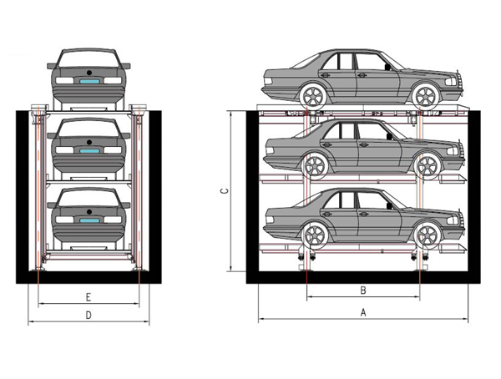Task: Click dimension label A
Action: point(363,312)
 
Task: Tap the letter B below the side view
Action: point(363,291)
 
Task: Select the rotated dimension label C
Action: point(225,191)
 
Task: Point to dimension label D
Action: point(89,316)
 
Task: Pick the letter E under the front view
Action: point(89,297)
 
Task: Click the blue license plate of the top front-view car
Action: point(90,82)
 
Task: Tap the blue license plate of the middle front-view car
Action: point(90,151)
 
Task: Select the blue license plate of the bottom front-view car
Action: point(90,220)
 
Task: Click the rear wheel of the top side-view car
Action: point(313,96)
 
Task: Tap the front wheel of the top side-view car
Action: point(426,95)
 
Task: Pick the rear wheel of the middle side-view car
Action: point(315,166)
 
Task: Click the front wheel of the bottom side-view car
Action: point(428,235)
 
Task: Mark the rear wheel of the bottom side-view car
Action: point(315,235)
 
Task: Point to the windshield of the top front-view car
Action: point(89,58)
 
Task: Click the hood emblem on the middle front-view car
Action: point(89,142)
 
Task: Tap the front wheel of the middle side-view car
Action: point(428,166)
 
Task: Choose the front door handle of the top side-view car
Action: point(362,75)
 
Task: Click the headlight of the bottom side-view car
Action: point(453,220)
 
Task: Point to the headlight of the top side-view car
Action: point(451,82)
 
